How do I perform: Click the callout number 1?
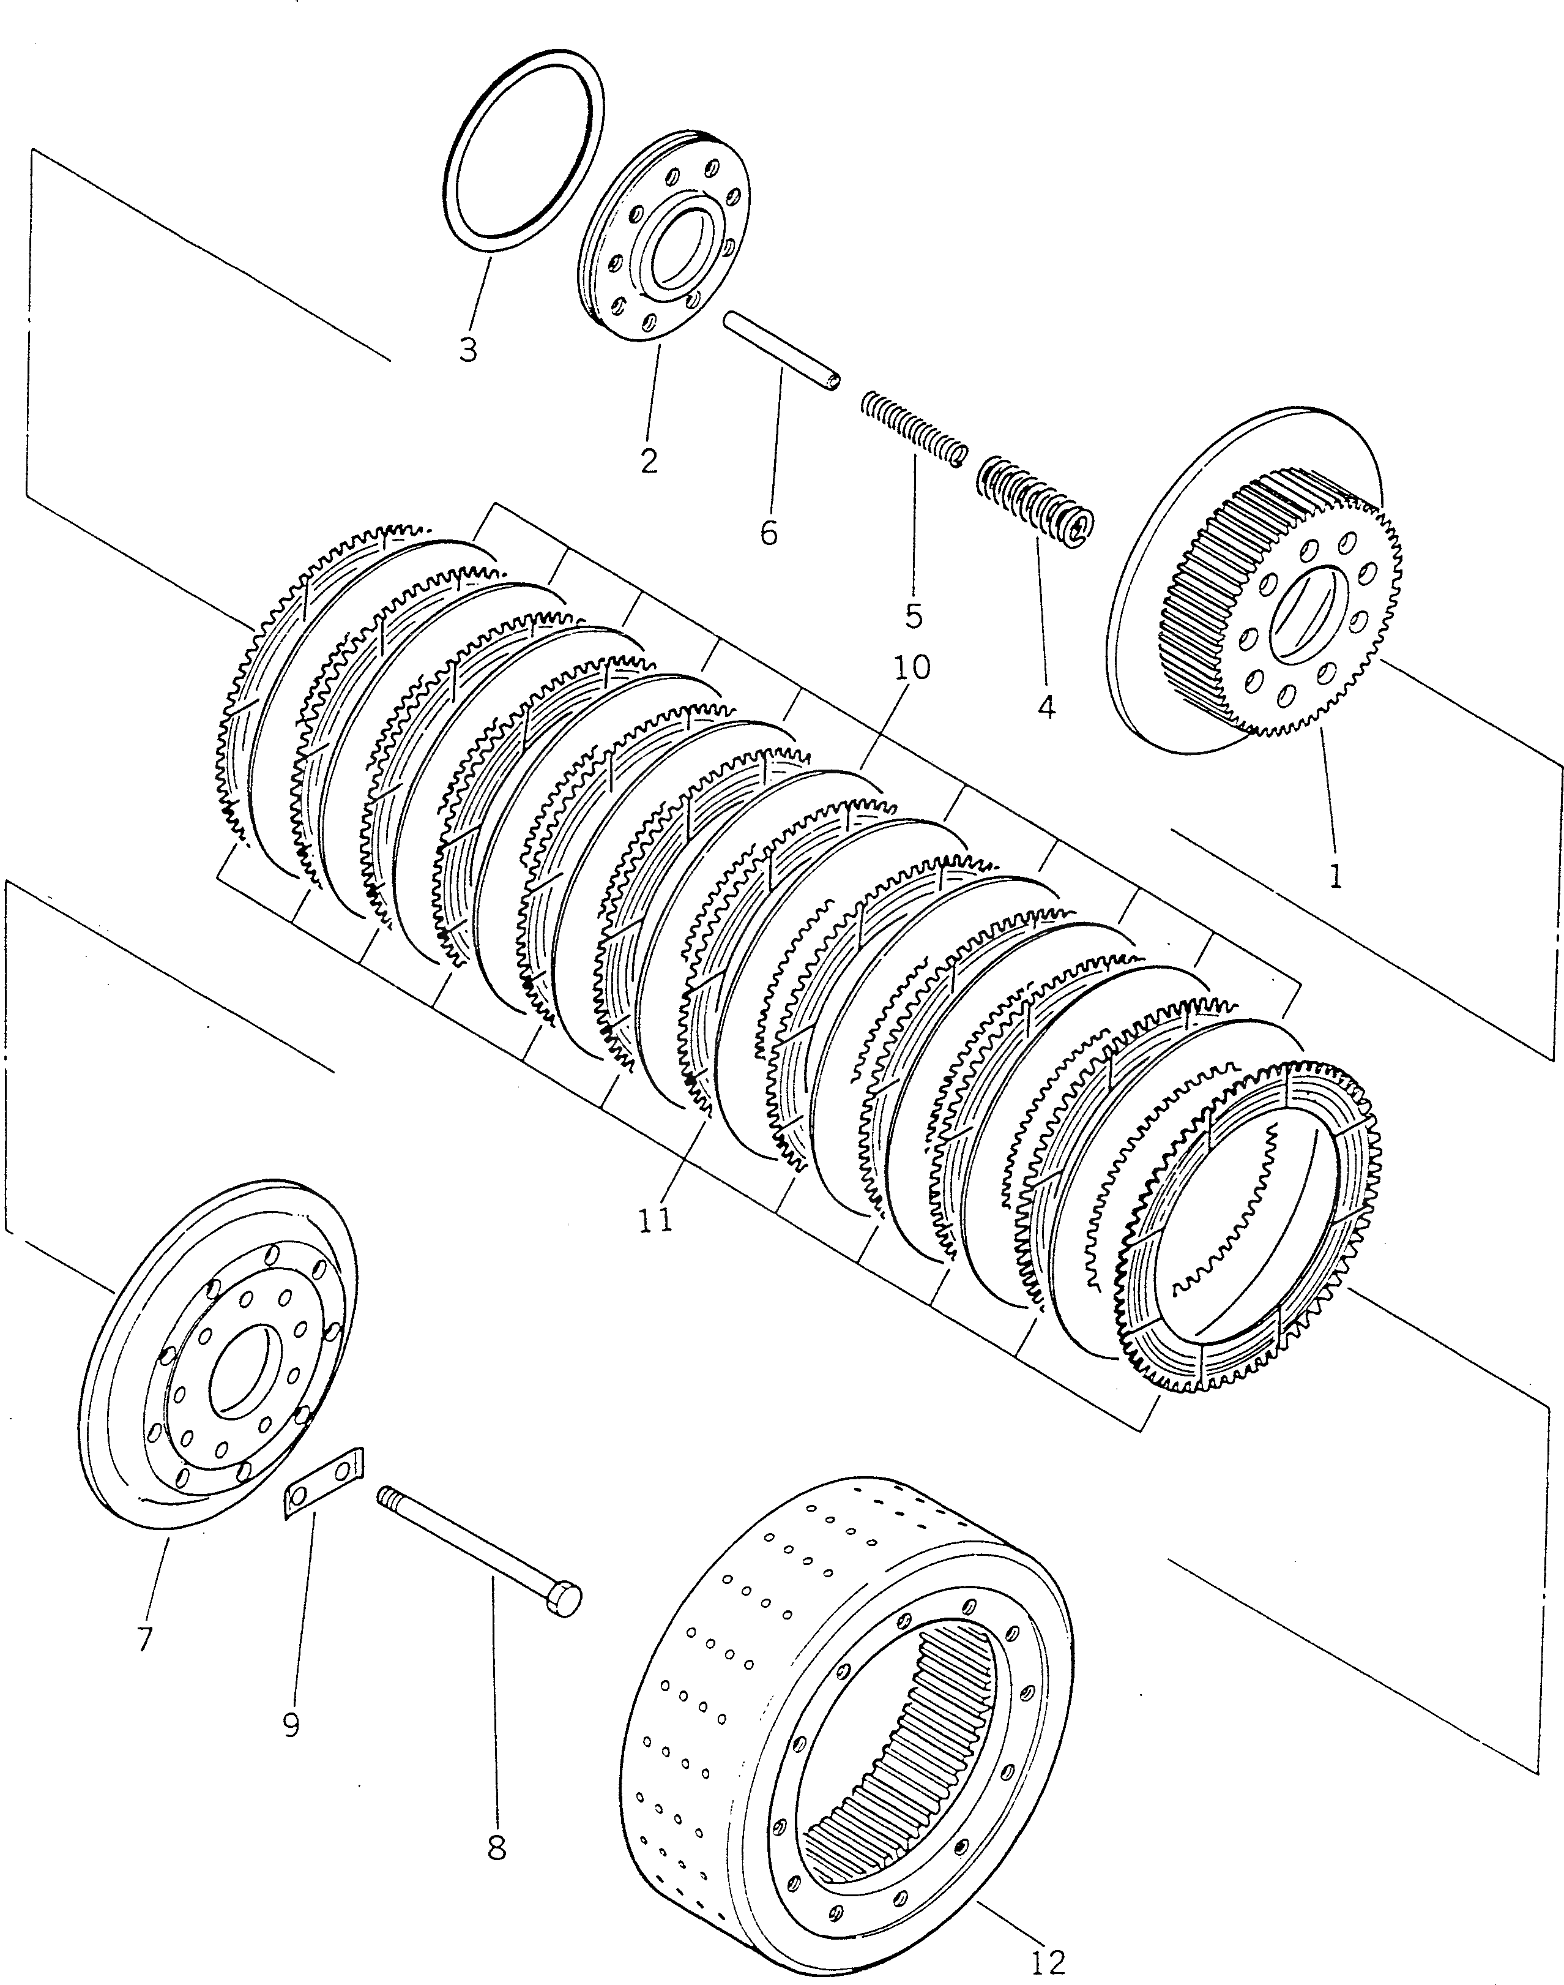click(1335, 876)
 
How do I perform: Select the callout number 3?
click(468, 349)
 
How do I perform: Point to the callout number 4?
click(1046, 705)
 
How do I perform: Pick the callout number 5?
click(913, 615)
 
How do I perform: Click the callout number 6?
click(769, 532)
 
